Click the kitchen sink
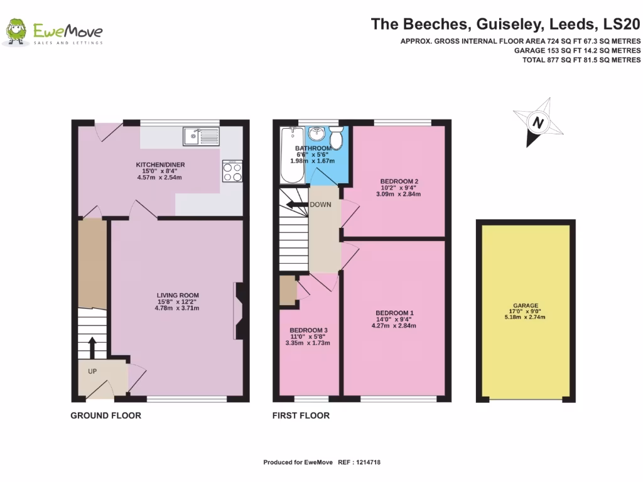202,136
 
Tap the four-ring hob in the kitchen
232,171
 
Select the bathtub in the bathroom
292,155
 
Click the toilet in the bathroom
337,137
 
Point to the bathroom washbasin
316,134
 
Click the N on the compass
538,122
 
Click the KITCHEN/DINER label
160,165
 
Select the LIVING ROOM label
178,295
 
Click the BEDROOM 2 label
399,181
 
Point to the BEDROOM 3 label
308,330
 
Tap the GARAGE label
526,306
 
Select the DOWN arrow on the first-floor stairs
297,205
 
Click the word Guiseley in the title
509,24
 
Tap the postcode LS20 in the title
622,24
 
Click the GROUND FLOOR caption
105,415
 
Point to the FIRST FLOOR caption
301,415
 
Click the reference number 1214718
368,463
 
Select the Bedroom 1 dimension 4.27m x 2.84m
391,326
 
